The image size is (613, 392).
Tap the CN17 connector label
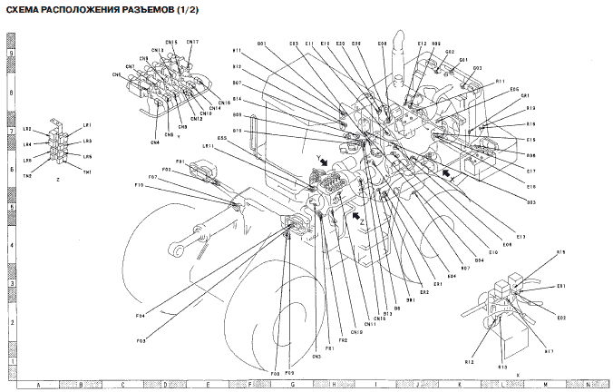(x=194, y=42)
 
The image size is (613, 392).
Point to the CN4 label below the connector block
(x=155, y=142)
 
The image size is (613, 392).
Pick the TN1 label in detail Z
(x=88, y=172)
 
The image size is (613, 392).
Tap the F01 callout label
(x=180, y=162)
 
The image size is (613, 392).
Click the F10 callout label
(x=140, y=185)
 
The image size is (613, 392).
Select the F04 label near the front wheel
(x=141, y=315)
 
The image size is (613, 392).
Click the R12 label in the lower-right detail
(x=469, y=361)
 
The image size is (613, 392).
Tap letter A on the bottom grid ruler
(x=38, y=385)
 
